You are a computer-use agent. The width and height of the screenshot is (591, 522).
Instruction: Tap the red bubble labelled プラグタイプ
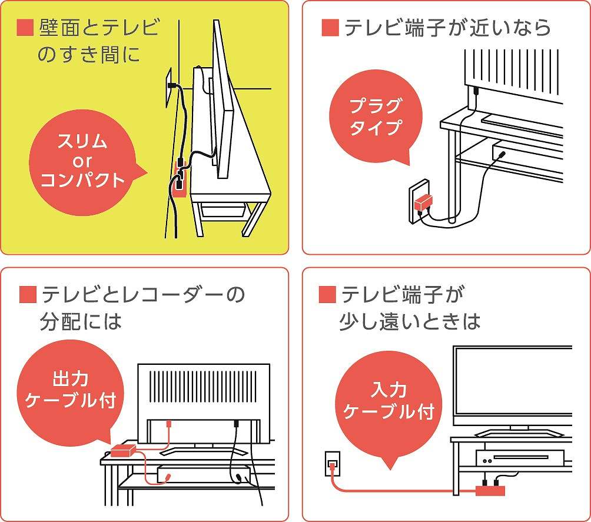(376, 117)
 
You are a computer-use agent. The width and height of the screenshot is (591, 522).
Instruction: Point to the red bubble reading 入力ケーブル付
(389, 403)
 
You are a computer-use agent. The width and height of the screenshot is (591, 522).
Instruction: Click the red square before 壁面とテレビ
(25, 28)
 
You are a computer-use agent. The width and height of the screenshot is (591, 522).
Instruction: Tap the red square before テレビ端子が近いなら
(330, 28)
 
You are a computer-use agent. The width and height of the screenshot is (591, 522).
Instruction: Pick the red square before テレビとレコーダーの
(28, 294)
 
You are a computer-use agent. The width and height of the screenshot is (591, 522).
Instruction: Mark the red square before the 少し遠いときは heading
(327, 294)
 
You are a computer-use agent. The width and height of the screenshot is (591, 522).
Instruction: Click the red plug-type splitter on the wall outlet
(423, 203)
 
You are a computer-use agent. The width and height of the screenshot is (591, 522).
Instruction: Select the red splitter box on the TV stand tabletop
(123, 450)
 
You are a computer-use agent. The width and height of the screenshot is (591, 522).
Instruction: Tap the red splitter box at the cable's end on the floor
(490, 491)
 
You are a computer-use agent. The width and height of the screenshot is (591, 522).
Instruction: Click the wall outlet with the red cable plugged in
(333, 464)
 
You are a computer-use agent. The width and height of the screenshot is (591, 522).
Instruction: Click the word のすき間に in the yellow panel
(89, 55)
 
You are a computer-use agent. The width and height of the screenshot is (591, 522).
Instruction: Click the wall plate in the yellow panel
(168, 88)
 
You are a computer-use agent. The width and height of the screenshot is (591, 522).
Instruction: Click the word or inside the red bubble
(82, 161)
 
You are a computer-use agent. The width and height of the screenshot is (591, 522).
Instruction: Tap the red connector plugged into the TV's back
(169, 424)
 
